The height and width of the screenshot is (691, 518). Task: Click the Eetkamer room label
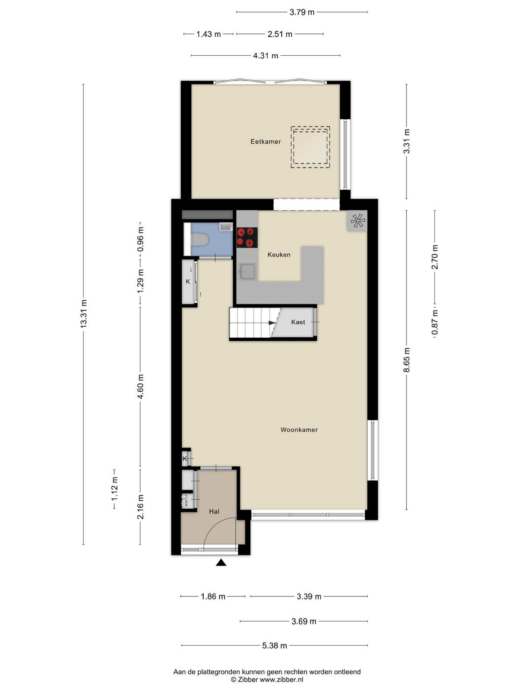point(265,142)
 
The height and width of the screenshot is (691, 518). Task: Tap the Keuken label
point(279,255)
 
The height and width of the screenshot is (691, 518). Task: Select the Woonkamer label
point(299,430)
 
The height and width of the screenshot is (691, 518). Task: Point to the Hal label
point(214,512)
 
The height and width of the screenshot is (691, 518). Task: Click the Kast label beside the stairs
point(298,322)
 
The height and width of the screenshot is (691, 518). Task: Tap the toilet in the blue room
point(200,240)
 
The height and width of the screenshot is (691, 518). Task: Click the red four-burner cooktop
point(247,238)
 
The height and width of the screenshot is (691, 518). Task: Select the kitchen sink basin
point(247,272)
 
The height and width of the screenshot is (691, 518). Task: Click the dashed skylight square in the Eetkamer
point(310,147)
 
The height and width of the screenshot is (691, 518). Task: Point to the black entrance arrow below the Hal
point(221,562)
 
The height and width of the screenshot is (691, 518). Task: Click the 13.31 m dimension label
point(84,314)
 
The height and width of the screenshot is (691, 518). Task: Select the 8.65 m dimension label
point(407,360)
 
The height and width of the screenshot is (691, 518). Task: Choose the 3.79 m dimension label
point(302,12)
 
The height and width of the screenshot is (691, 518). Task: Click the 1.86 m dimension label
point(213,596)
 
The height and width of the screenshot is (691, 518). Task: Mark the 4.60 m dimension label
point(141,387)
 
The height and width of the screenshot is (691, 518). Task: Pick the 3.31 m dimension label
point(407,141)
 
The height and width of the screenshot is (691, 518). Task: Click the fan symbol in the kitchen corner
point(357,221)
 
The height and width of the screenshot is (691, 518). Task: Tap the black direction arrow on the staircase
point(272,323)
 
